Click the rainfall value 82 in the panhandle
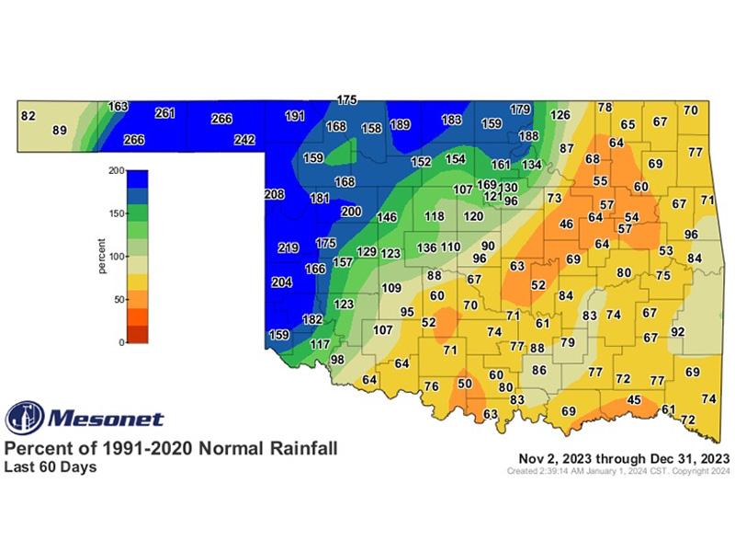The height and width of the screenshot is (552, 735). tap(28, 116)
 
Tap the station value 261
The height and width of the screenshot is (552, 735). tap(164, 113)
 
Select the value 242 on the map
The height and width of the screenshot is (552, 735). tap(243, 140)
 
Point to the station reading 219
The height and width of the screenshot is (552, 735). tap(288, 247)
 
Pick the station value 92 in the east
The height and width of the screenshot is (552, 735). tap(679, 331)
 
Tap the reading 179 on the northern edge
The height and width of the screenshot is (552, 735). tap(520, 109)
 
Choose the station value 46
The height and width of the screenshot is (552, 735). tap(567, 224)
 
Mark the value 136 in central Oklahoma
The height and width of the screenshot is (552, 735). tap(427, 247)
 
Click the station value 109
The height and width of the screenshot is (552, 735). tap(392, 288)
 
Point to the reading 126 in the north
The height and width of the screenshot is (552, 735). tap(560, 116)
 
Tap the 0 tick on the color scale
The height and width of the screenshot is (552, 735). tap(119, 342)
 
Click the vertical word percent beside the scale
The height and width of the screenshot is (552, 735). tap(102, 256)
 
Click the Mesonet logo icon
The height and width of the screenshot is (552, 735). tap(25, 419)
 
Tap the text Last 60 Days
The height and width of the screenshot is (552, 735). tap(51, 466)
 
